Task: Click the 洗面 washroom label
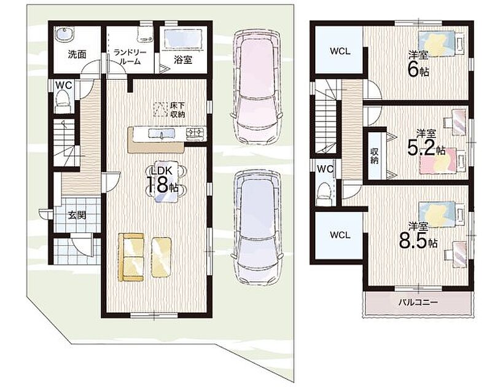77,54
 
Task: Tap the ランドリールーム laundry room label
130,57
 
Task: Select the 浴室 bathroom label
183,60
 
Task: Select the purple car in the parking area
257,229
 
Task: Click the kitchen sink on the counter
161,133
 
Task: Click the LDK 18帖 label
163,180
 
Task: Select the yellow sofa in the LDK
131,257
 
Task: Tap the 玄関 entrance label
77,214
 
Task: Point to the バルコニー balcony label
418,302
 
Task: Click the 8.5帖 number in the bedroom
418,242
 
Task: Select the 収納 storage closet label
375,155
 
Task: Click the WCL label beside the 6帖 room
340,51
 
